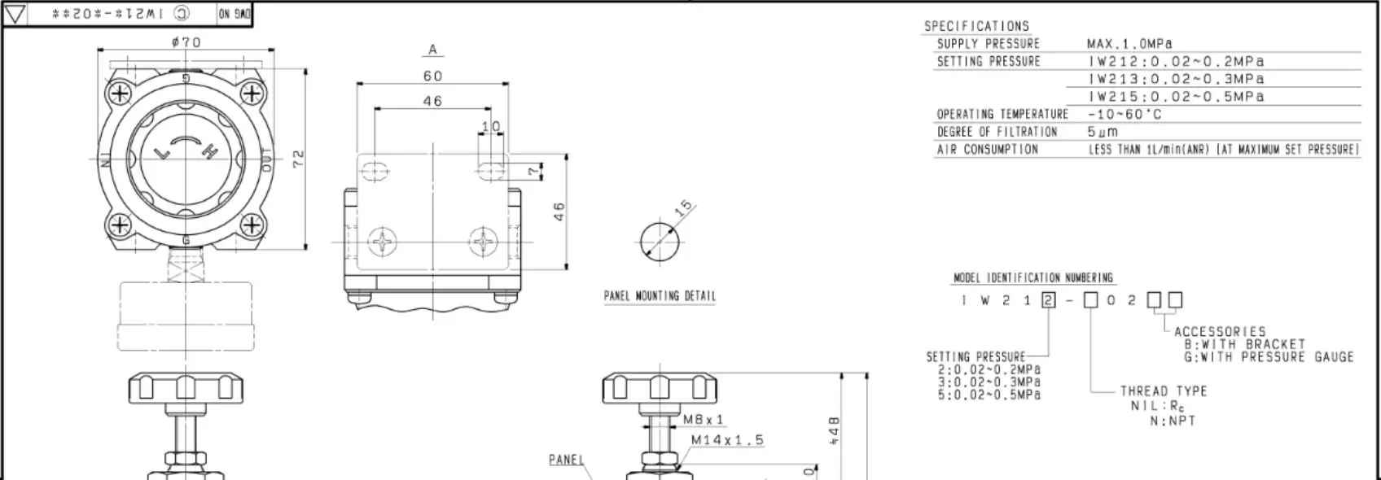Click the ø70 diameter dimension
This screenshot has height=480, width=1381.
click(x=186, y=42)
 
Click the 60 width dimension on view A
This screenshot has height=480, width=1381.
click(x=432, y=76)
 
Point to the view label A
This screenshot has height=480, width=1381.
click(x=432, y=50)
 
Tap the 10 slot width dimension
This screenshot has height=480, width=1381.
click(x=491, y=126)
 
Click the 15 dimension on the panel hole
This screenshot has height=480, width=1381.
click(x=684, y=206)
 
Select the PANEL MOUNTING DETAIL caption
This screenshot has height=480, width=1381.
click(x=660, y=296)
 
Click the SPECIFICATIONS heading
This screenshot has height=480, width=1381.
click(x=976, y=26)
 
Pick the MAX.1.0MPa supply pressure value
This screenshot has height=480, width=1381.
click(x=1129, y=44)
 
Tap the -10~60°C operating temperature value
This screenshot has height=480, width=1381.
click(x=1125, y=115)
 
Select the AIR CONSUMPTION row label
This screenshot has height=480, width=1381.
click(x=987, y=150)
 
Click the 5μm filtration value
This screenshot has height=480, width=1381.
click(x=1103, y=132)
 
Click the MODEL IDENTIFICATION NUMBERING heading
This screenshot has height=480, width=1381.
click(x=1032, y=278)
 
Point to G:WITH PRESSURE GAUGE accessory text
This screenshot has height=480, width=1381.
click(x=1268, y=357)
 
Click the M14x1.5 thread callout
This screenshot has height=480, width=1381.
click(x=727, y=440)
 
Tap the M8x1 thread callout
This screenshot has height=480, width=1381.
click(x=703, y=420)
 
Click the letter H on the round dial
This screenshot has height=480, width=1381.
click(x=208, y=153)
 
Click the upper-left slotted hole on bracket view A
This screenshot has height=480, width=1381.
click(x=374, y=170)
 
